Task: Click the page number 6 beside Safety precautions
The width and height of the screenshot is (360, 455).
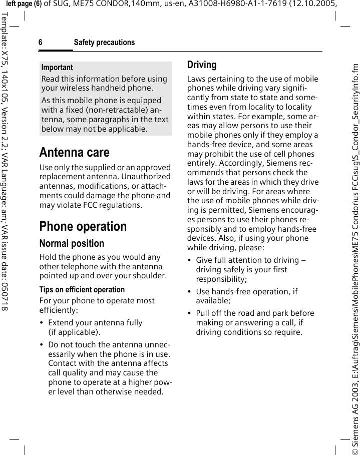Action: (41, 43)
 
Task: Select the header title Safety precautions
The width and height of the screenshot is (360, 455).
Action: (104, 43)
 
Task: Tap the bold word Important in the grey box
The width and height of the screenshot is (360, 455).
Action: (57, 67)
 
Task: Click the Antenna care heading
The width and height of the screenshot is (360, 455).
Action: (74, 152)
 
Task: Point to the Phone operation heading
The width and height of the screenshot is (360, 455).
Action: (83, 226)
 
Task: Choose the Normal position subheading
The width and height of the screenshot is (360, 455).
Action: (72, 244)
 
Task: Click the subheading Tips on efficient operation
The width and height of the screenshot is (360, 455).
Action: (82, 289)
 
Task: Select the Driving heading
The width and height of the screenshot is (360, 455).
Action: (202, 65)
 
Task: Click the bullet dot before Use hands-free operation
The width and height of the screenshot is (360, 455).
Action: (189, 292)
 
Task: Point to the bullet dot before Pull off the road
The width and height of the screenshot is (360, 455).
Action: (189, 313)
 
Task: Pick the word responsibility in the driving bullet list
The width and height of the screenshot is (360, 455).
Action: (220, 279)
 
